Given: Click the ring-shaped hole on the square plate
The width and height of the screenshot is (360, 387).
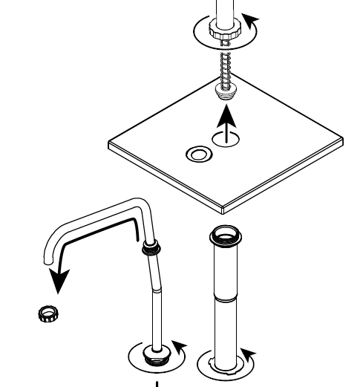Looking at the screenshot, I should [x=197, y=155].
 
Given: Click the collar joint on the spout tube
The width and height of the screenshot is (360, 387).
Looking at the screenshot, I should [x=151, y=247].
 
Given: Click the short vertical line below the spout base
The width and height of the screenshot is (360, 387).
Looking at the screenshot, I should [x=157, y=383].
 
